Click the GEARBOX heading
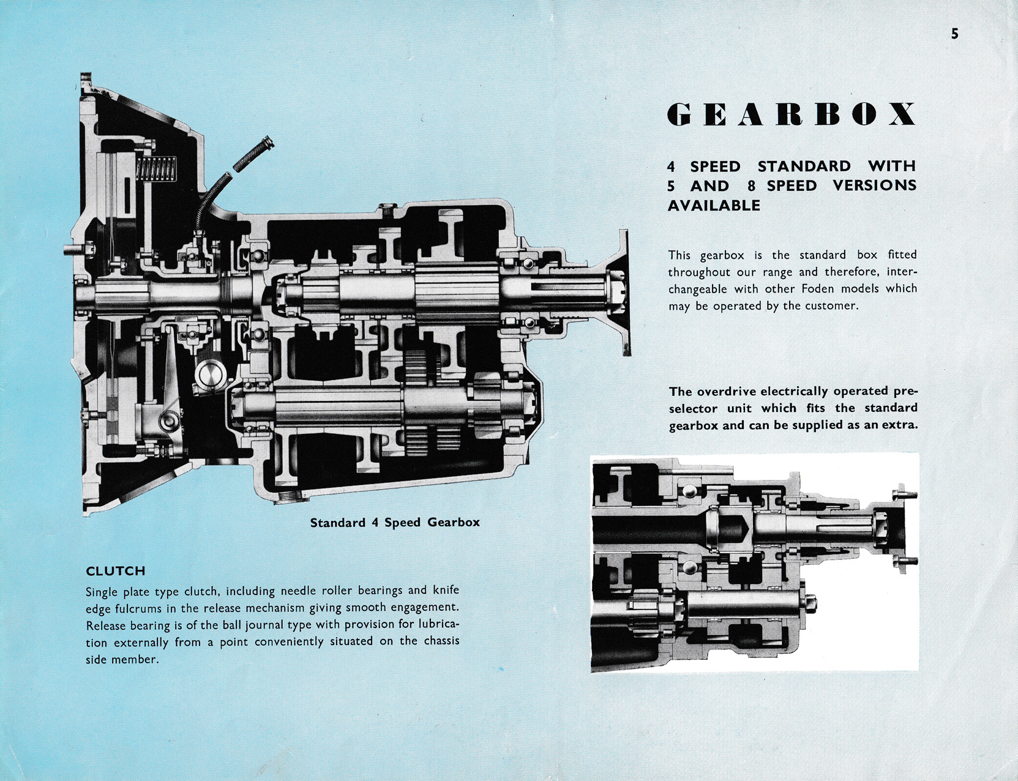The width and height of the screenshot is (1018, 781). (x=792, y=114)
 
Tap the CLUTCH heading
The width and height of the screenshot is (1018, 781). (x=116, y=571)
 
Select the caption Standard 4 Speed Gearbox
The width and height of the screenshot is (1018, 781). (x=395, y=522)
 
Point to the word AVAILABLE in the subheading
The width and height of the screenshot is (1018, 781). (x=714, y=206)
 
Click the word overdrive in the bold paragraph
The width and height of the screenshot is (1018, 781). (x=728, y=391)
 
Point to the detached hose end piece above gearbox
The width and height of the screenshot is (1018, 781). (x=250, y=155)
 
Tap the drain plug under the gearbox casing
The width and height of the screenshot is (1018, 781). (x=289, y=496)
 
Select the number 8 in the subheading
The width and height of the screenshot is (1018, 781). (x=752, y=186)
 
